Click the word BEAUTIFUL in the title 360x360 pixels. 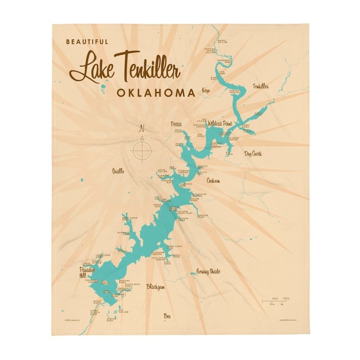pyautogui.click(x=88, y=42)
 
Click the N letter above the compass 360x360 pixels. pyautogui.click(x=142, y=128)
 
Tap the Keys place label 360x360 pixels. pyautogui.click(x=208, y=91)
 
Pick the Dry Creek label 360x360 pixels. pyautogui.click(x=253, y=154)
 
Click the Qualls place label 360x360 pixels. pyautogui.click(x=118, y=172)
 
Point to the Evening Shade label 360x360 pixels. pyautogui.click(x=208, y=272)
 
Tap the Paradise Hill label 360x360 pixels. pyautogui.click(x=86, y=273)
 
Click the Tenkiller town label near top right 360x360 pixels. pyautogui.click(x=261, y=86)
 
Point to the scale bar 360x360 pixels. pyautogui.click(x=277, y=301)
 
